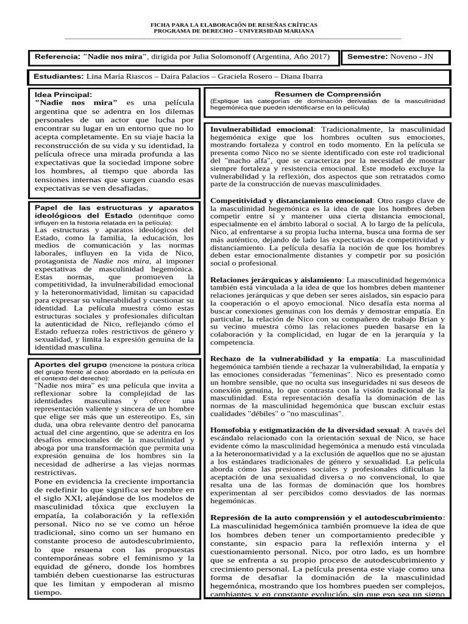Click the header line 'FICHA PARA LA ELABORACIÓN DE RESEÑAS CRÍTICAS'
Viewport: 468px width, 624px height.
click(233, 24)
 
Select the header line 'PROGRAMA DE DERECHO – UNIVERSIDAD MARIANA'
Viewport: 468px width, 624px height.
click(233, 30)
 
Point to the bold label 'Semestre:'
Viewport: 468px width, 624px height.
click(367, 57)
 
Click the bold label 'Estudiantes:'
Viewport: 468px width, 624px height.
click(59, 77)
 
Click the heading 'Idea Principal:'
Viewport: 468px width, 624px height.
click(64, 94)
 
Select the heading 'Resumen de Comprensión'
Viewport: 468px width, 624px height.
click(328, 94)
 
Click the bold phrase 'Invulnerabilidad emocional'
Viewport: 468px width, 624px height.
click(261, 130)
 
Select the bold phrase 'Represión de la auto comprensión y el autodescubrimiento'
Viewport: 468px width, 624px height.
click(327, 517)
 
